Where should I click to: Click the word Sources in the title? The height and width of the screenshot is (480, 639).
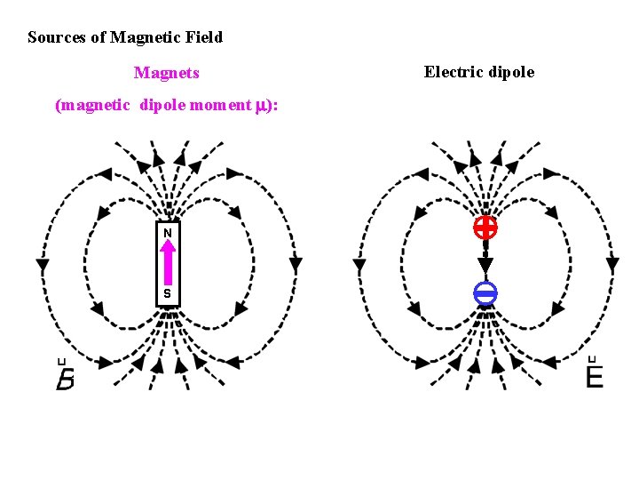tap(57, 37)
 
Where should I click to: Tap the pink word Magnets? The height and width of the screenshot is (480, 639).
tap(166, 73)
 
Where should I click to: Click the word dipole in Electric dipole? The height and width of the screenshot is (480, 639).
tap(508, 72)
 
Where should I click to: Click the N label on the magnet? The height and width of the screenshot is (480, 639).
tap(167, 233)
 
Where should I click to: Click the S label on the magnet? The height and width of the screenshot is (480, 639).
tap(167, 294)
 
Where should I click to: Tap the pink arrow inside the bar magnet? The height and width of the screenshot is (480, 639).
tap(167, 263)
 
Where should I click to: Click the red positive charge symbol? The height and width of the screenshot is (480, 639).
tap(485, 228)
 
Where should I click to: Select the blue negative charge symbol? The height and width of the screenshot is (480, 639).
tap(485, 293)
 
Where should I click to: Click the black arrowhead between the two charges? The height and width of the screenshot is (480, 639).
tap(485, 265)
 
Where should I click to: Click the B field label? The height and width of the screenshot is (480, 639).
tap(65, 380)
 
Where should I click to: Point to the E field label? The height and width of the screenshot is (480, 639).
tap(594, 377)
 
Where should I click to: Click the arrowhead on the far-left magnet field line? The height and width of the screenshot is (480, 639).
tap(42, 265)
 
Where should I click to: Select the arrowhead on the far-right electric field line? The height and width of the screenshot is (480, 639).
tap(611, 264)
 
